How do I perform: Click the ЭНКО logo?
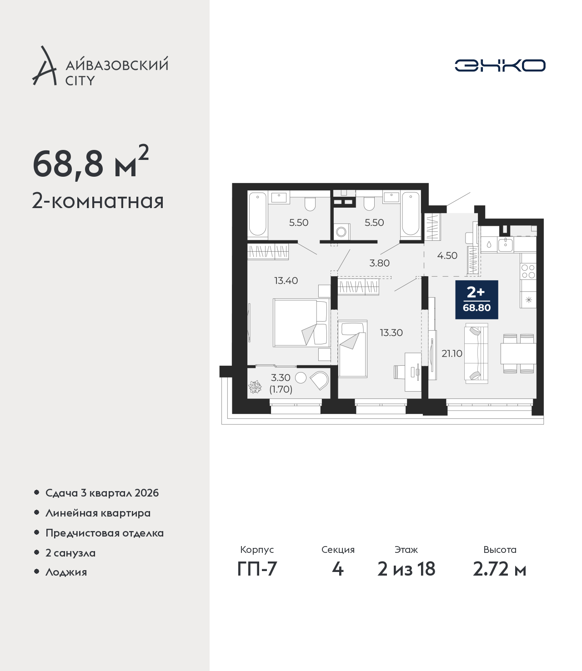pos(500,65)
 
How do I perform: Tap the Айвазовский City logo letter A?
pos(44,66)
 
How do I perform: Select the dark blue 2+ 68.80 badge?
pos(477,300)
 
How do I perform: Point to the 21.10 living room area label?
pos(452,353)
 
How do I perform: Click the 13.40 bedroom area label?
pos(286,280)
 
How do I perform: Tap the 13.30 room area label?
pos(391,333)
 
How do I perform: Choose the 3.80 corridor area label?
pos(379,263)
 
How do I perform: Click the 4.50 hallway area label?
pos(447,255)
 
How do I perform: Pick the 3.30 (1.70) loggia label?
pos(281,383)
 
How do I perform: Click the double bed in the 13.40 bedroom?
pos(301,323)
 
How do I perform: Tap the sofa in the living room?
pos(477,353)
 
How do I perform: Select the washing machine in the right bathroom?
pos(341,232)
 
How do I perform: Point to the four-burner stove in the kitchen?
pos(528,272)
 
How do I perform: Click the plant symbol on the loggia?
pos(255,387)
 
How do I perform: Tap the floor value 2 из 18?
pos(406,569)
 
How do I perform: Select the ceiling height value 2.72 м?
pos(499,569)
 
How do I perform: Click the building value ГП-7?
pos(257,569)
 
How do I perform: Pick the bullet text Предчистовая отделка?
pos(105,533)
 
